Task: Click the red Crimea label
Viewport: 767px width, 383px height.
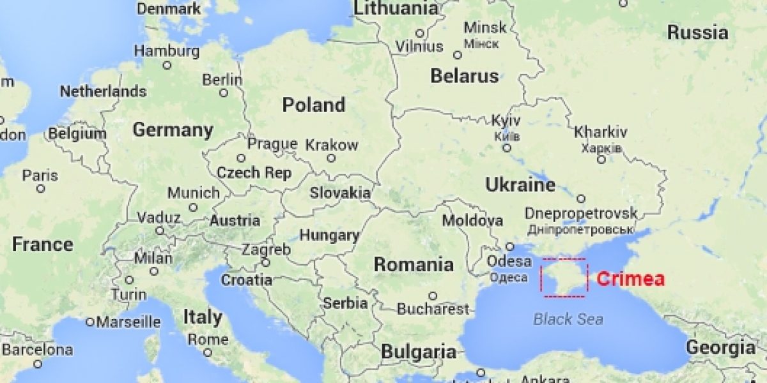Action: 630,279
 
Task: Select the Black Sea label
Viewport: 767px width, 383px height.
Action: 568,319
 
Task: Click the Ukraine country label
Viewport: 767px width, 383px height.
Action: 520,185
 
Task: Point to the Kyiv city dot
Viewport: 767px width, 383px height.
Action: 507,147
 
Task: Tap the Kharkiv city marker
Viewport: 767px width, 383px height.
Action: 601,159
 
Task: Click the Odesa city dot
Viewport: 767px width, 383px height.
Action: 510,246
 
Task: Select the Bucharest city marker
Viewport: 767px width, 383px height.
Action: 433,296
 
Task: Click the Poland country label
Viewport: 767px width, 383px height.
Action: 313,105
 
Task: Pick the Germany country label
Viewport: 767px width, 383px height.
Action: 173,130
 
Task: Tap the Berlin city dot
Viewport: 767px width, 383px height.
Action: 224,93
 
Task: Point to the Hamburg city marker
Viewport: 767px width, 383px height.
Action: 167,65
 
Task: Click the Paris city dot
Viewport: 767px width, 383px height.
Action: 41,188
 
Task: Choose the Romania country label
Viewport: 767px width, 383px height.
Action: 414,264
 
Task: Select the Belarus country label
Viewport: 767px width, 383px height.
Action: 464,76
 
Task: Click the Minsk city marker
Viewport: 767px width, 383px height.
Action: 458,56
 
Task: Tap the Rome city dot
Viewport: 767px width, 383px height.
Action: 207,352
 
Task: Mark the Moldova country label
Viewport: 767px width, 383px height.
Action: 473,221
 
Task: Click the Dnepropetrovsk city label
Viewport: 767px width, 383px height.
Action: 580,213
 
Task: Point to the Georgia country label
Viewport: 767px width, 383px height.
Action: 720,348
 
